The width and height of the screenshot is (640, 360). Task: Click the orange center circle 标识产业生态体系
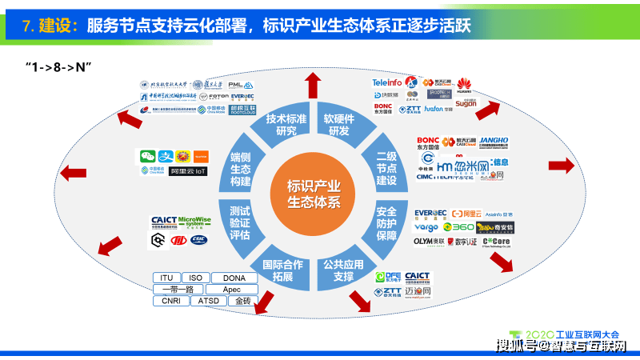tap(314, 194)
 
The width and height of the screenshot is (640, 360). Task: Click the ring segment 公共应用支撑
tap(338, 270)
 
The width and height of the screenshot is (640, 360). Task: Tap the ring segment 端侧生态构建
tap(240, 167)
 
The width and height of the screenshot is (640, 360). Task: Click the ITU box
tap(166, 278)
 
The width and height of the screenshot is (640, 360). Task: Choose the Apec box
tap(231, 290)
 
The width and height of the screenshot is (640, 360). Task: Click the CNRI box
tap(170, 302)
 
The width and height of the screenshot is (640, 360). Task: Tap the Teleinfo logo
tap(387, 82)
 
